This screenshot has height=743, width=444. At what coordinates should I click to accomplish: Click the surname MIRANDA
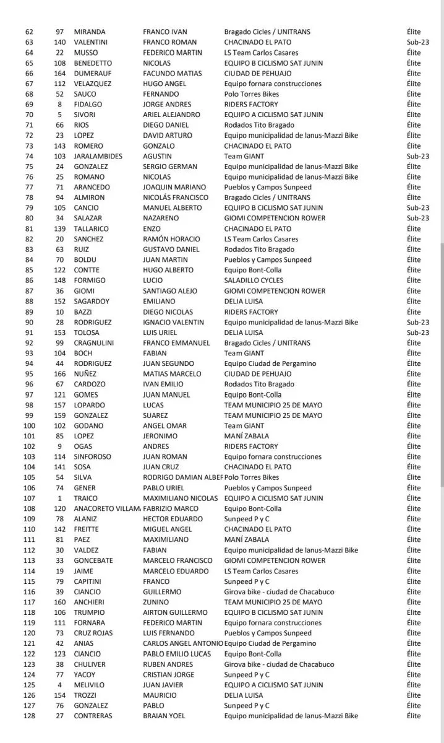click(90, 32)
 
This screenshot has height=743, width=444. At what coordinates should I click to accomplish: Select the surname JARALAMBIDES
click(100, 156)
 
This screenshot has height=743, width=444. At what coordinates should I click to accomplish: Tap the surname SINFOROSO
click(93, 457)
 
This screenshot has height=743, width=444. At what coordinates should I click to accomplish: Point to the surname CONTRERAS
click(94, 716)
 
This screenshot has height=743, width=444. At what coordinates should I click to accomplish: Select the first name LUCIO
click(153, 280)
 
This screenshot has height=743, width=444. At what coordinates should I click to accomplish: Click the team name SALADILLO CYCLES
click(254, 280)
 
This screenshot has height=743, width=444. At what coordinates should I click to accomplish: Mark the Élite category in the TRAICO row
click(414, 498)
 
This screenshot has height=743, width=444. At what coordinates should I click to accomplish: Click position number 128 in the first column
click(29, 716)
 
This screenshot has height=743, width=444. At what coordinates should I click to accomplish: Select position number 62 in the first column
click(29, 32)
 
